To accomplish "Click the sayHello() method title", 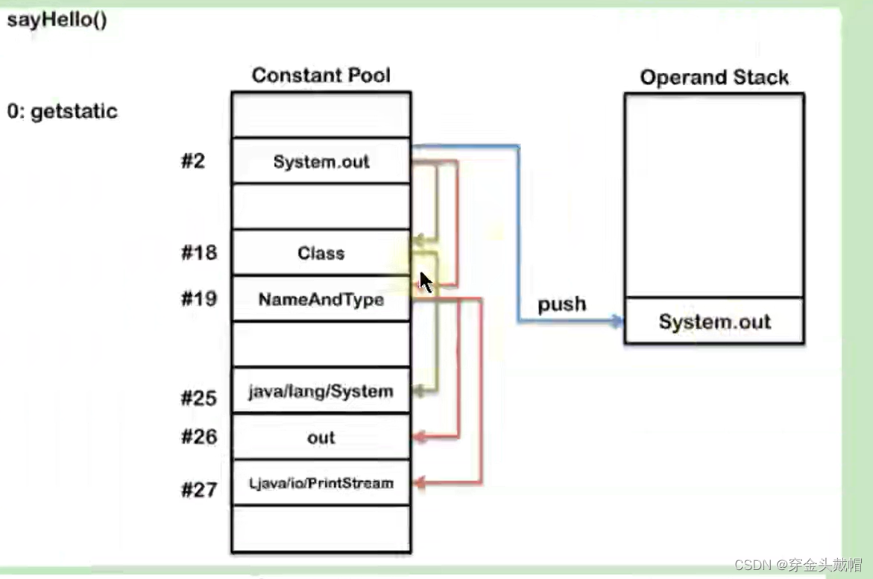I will pyautogui.click(x=57, y=20).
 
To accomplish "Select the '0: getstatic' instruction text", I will pyautogui.click(x=63, y=112).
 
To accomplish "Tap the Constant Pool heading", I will pyautogui.click(x=321, y=75).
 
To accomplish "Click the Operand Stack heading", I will pyautogui.click(x=713, y=78).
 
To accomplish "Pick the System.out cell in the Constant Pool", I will pyautogui.click(x=321, y=161).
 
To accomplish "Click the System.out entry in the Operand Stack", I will pyautogui.click(x=714, y=322).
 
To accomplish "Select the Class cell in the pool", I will pyautogui.click(x=321, y=253).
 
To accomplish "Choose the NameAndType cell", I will pyautogui.click(x=321, y=299).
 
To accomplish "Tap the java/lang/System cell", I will pyautogui.click(x=321, y=391).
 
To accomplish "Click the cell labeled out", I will pyautogui.click(x=321, y=437).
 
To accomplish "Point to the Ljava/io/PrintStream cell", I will pyautogui.click(x=321, y=483).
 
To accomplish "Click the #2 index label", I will pyautogui.click(x=192, y=161).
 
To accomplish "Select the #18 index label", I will pyautogui.click(x=198, y=253).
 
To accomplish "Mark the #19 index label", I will pyautogui.click(x=198, y=299).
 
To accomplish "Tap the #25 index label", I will pyautogui.click(x=198, y=398).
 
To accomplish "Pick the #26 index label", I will pyautogui.click(x=198, y=436).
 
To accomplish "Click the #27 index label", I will pyautogui.click(x=198, y=490).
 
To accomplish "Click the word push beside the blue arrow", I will pyautogui.click(x=562, y=304).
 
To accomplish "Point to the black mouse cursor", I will pyautogui.click(x=425, y=283).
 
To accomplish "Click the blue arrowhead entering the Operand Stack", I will pyautogui.click(x=617, y=322).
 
